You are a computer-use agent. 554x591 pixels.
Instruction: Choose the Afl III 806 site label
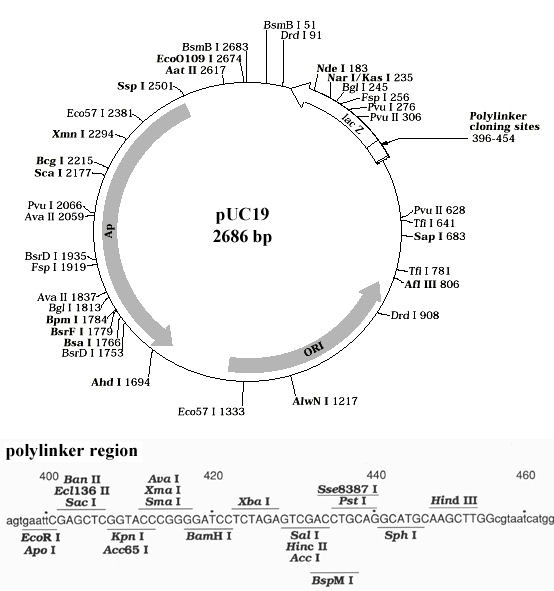[432, 284]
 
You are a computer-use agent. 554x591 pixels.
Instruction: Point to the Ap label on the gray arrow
[110, 229]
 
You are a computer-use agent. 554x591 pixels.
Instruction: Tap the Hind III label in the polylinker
[454, 499]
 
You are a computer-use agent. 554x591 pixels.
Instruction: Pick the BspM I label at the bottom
[336, 578]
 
